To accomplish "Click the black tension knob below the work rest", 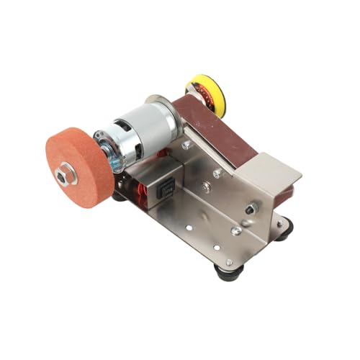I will coord(251,209).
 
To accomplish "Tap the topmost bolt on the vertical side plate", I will coord(186,145).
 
